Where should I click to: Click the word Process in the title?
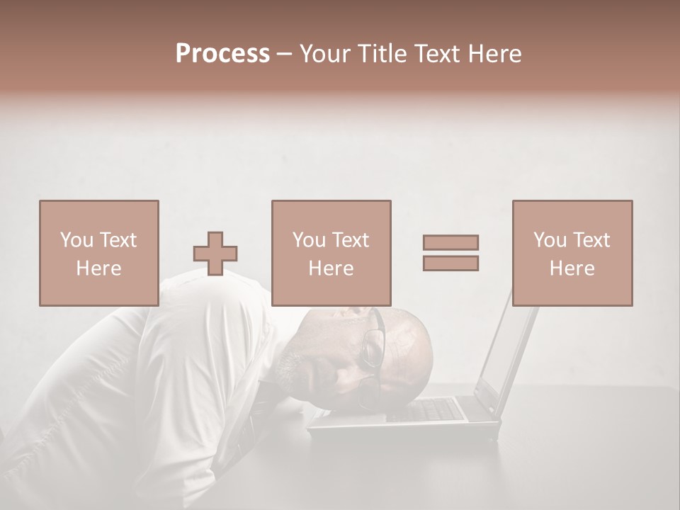(x=222, y=54)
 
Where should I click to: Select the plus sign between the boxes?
(x=215, y=254)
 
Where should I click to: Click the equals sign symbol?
(x=450, y=253)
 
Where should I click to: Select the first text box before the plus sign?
(x=99, y=254)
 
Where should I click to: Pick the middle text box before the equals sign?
(x=331, y=254)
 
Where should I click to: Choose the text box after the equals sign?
(x=572, y=254)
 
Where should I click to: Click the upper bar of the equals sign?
(x=450, y=243)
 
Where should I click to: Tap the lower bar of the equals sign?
(x=450, y=263)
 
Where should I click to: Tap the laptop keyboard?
(x=432, y=409)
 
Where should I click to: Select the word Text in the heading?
(x=435, y=54)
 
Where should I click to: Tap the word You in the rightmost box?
(x=550, y=240)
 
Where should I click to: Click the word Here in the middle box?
(x=331, y=268)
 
